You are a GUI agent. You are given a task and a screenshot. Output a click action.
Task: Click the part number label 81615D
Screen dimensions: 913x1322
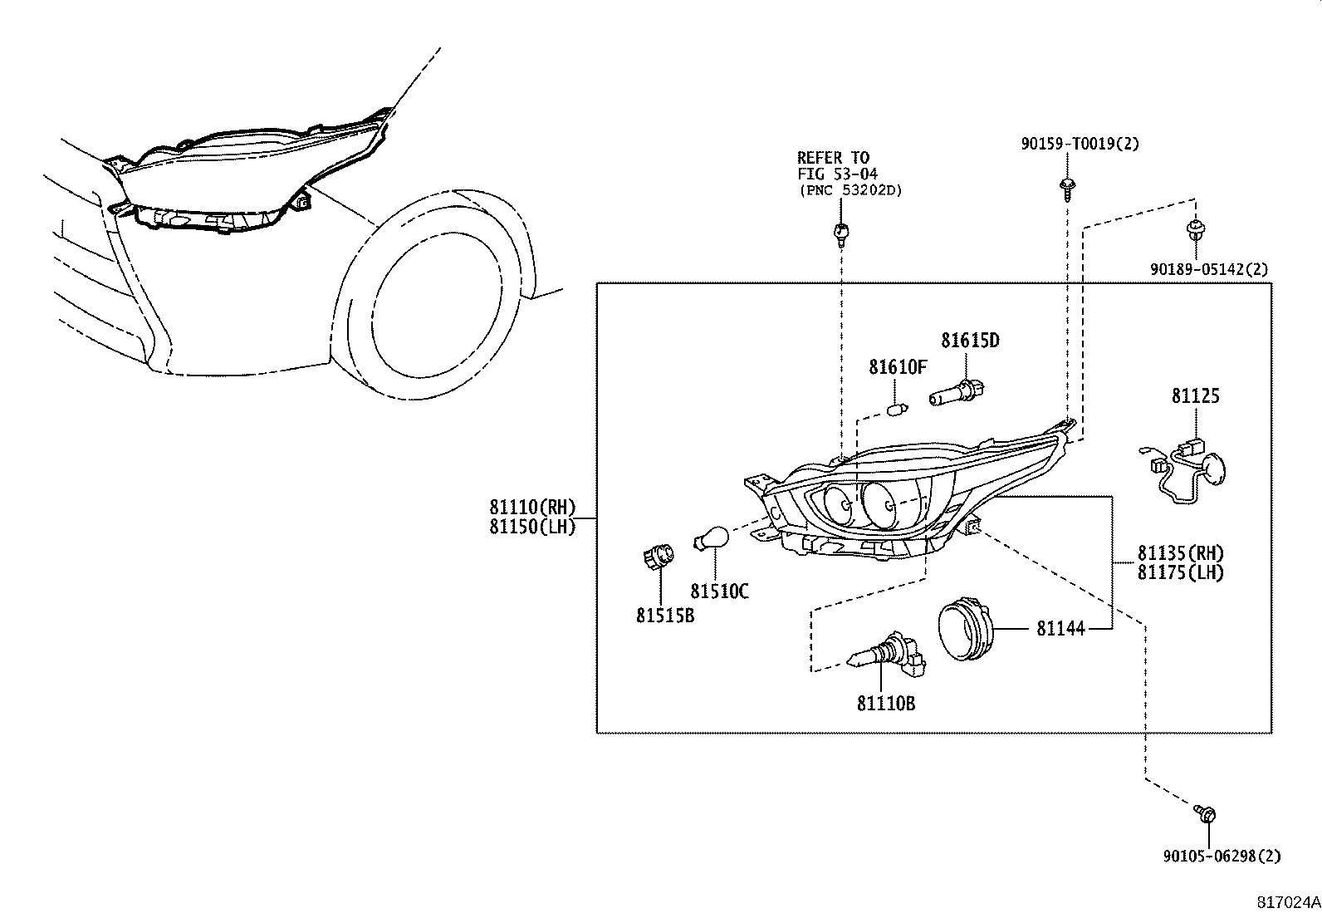(969, 341)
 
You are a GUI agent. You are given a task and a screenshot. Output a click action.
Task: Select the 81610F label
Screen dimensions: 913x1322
(897, 367)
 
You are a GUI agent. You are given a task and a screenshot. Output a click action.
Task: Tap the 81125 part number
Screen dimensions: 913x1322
(1195, 396)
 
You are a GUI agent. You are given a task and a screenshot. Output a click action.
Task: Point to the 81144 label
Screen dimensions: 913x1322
(1060, 629)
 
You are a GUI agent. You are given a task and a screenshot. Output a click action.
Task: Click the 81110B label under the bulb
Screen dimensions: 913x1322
(885, 704)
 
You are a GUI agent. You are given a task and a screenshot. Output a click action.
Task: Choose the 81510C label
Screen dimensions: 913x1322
(719, 591)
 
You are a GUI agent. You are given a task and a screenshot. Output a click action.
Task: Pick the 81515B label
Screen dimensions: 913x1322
(665, 616)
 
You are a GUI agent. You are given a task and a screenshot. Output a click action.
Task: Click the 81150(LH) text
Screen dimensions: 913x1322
(531, 527)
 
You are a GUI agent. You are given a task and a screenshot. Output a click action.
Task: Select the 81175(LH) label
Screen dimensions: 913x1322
(1180, 572)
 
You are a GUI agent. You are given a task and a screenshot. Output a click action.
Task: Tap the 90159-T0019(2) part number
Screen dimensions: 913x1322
(1080, 144)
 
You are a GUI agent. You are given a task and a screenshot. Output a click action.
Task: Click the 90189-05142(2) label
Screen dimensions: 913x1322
(1209, 269)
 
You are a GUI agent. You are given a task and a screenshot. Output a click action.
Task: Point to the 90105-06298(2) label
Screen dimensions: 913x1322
(1221, 857)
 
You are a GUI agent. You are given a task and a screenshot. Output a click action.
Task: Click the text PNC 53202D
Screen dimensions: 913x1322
(850, 190)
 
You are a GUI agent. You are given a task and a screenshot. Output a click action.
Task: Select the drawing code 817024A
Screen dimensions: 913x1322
(1287, 901)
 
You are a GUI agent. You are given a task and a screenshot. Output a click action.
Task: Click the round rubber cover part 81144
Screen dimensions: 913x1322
(965, 630)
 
